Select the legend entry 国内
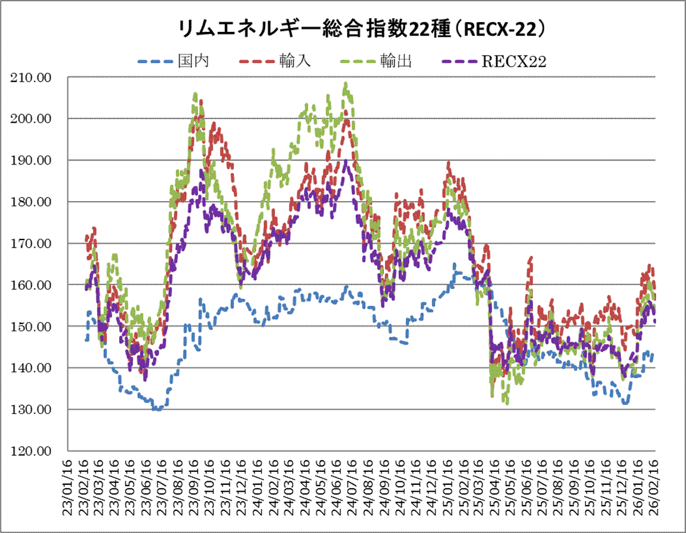(x=193, y=61)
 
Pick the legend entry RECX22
(x=514, y=62)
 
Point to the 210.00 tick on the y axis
(x=36, y=77)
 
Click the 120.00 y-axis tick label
(x=36, y=451)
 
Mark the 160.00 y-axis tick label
(x=36, y=285)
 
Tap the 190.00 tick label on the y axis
(x=36, y=160)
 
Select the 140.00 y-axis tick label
(x=36, y=368)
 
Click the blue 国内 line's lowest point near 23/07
(x=157, y=409)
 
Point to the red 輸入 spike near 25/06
(x=531, y=257)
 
